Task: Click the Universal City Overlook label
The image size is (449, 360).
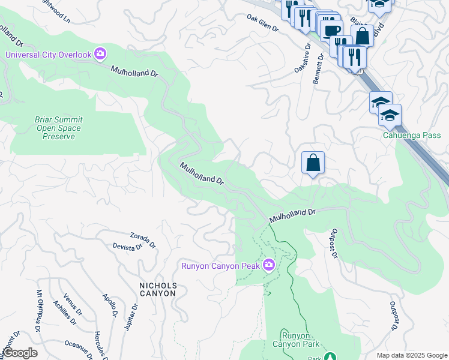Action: click(x=48, y=55)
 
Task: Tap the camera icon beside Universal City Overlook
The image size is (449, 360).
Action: click(x=100, y=55)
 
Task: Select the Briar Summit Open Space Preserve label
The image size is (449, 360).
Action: click(x=59, y=128)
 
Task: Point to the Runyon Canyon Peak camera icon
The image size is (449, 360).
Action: click(x=268, y=265)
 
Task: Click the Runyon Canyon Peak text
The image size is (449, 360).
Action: click(x=221, y=265)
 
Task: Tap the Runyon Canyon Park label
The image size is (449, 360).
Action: click(x=294, y=340)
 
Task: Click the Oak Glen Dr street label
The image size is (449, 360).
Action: click(x=263, y=23)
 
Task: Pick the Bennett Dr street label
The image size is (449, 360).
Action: click(x=318, y=70)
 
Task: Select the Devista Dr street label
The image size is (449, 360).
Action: click(x=127, y=246)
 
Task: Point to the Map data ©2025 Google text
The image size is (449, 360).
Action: click(x=411, y=355)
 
